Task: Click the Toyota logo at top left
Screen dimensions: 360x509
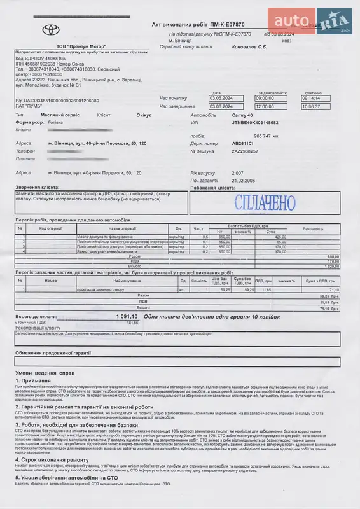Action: click(50, 29)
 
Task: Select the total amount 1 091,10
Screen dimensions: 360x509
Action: click(129, 316)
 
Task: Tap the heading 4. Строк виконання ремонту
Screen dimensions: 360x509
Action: click(61, 459)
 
